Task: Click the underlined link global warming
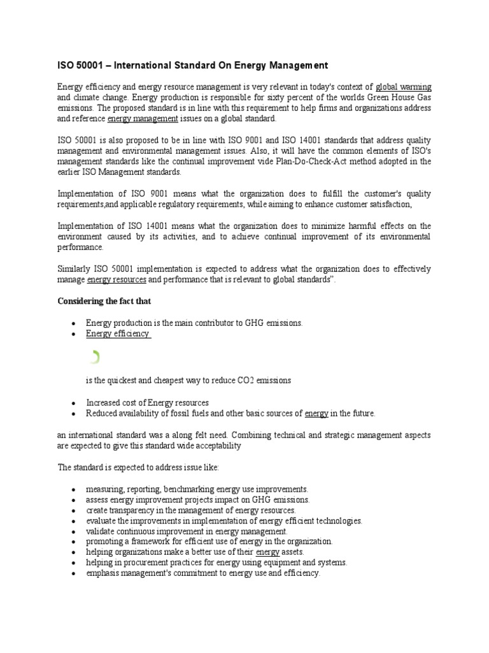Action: (x=404, y=87)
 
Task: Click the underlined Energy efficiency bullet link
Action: (x=118, y=334)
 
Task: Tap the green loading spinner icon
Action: (x=94, y=357)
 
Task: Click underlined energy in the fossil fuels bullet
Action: (x=316, y=413)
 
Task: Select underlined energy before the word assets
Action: (x=268, y=552)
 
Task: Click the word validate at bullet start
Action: (x=99, y=531)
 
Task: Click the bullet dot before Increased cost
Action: (x=74, y=403)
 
